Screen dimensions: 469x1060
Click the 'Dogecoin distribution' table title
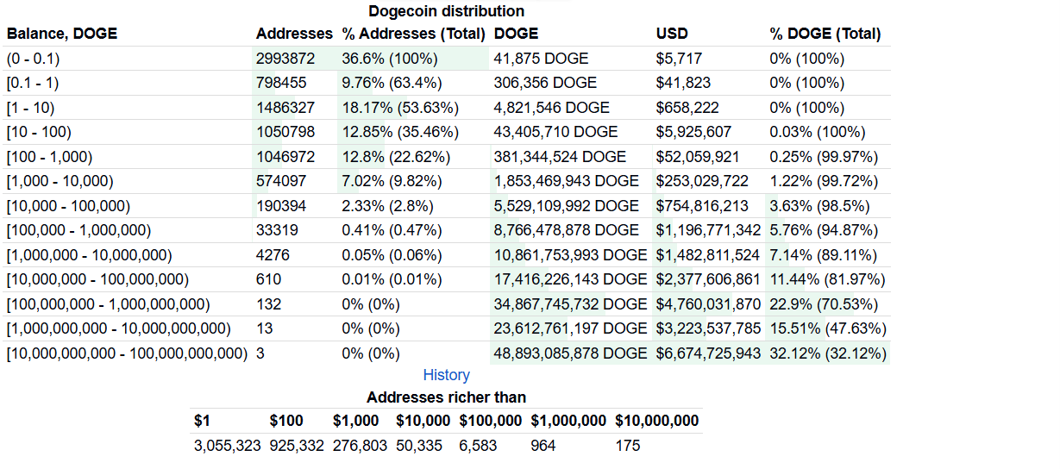click(446, 11)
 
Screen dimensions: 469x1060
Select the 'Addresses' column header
click(293, 34)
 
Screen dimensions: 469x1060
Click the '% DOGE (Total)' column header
click(825, 34)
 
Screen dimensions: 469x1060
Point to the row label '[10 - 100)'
click(39, 132)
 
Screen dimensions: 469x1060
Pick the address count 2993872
click(285, 59)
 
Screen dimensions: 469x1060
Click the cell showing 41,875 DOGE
click(541, 59)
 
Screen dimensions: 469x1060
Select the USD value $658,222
click(687, 108)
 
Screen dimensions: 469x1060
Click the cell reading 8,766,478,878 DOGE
click(567, 230)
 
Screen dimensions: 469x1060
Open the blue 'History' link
click(446, 375)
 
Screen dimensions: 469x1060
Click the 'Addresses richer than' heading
click(446, 397)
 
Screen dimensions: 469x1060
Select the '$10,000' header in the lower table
click(423, 421)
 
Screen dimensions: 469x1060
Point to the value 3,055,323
click(227, 446)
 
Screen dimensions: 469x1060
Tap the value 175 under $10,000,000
click(627, 446)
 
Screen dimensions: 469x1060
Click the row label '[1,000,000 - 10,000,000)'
click(89, 255)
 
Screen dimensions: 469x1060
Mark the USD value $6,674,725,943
click(708, 353)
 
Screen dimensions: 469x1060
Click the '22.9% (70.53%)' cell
click(824, 304)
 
